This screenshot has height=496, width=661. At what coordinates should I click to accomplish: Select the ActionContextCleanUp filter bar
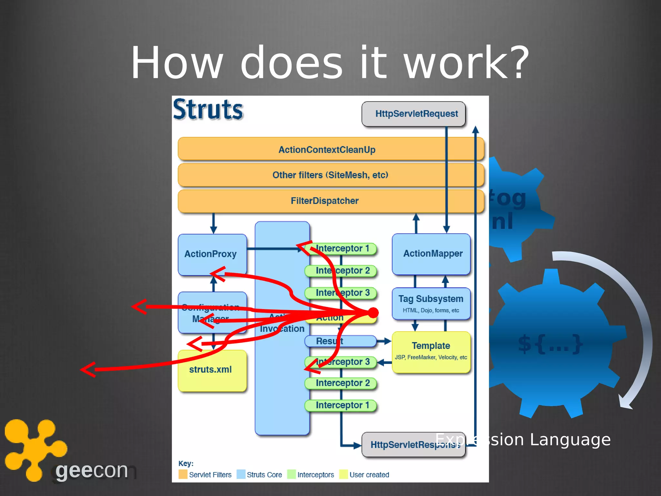[327, 150]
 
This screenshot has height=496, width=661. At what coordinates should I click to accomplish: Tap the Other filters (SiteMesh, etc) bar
[330, 175]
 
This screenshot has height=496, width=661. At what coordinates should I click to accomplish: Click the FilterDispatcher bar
[324, 201]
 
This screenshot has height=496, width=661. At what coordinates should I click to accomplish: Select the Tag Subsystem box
[431, 303]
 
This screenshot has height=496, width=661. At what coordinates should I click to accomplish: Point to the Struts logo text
[208, 110]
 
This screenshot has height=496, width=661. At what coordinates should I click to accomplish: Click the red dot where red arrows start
[373, 312]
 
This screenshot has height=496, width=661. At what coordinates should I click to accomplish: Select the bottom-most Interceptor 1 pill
[341, 405]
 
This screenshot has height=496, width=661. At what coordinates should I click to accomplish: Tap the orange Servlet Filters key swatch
[183, 474]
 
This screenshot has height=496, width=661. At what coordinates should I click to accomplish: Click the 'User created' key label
[369, 475]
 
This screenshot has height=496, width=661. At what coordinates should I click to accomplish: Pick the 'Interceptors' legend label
[315, 475]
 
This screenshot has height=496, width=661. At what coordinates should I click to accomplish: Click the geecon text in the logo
[92, 470]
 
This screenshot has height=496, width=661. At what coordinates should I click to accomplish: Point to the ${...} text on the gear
[550, 344]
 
